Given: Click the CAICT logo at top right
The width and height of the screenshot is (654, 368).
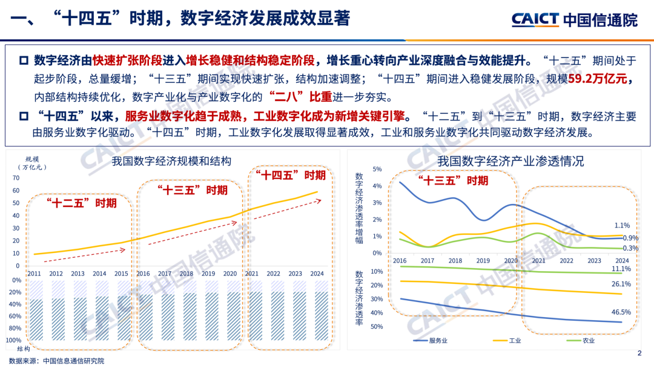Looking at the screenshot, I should coord(574,19).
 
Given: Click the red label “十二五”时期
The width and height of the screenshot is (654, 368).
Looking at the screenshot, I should coord(82,203).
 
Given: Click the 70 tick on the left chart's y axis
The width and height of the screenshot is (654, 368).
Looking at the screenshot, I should coord(16,178).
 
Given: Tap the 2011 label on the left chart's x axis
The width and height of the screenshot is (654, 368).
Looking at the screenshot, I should coord(35,274).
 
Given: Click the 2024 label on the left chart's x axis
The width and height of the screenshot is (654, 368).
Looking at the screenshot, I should coord(316,274).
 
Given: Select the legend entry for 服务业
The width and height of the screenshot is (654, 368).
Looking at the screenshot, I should coord(438,341).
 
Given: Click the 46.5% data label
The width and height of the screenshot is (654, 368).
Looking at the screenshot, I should coord(621,312).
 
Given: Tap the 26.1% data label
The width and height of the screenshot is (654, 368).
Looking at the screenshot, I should coord(621,284).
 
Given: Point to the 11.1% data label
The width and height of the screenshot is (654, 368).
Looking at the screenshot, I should coord(621,269).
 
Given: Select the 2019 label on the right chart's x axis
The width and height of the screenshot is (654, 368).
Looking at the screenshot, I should coord(483,260).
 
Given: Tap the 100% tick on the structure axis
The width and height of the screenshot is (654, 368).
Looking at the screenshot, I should coord(13,341).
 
